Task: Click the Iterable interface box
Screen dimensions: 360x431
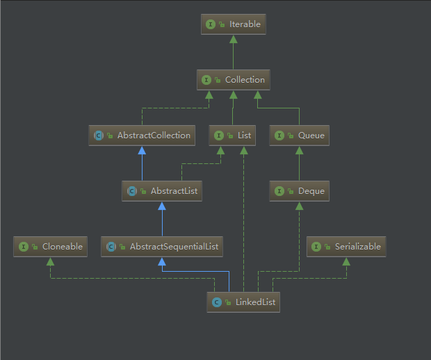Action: [233, 24]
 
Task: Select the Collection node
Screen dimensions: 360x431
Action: [233, 80]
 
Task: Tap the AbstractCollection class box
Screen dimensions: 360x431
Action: [142, 136]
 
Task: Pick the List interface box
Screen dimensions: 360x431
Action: [233, 136]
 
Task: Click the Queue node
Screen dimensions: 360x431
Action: [299, 136]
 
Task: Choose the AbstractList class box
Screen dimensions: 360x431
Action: [162, 191]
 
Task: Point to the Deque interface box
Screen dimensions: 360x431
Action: [299, 191]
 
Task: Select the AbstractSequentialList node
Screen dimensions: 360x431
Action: [162, 247]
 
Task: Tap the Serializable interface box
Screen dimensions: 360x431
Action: [345, 247]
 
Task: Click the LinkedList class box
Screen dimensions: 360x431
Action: [243, 302]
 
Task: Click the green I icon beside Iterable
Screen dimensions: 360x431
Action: [211, 24]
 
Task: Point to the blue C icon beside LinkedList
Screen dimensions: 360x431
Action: [217, 302]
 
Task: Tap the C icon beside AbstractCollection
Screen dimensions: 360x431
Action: [98, 136]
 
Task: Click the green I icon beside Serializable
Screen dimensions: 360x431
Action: [317, 247]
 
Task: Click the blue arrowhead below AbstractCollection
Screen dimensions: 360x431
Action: [142, 150]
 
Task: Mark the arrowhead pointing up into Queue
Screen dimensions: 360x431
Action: [299, 150]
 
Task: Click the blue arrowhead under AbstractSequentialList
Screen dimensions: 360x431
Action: [162, 261]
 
